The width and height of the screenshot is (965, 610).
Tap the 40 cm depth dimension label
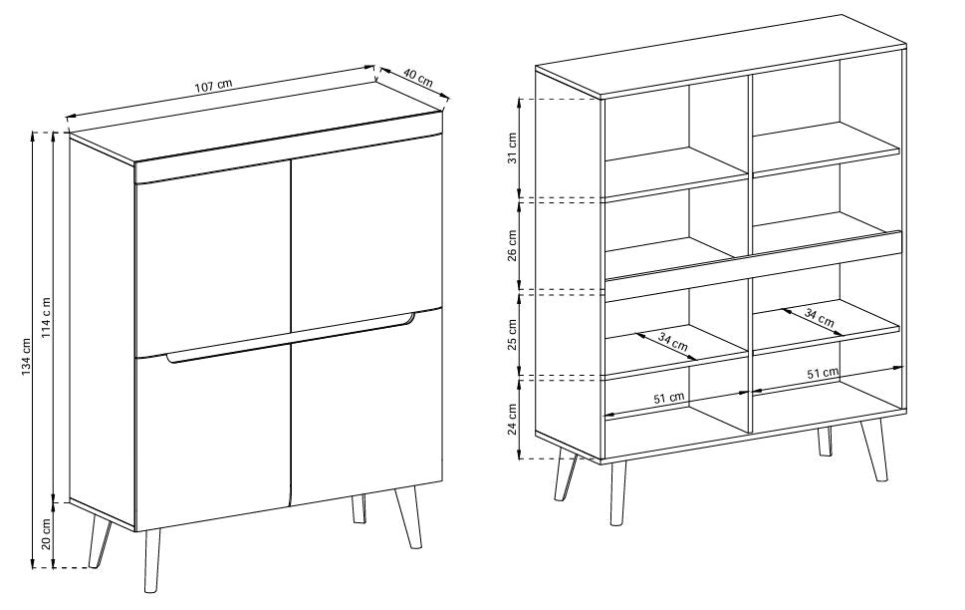pos(418,79)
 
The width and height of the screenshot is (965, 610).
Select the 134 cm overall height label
pos(26,358)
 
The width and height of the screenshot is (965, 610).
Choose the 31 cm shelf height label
pos(512,148)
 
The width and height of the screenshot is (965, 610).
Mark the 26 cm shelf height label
pos(512,246)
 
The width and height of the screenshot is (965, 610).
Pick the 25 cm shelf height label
pos(512,335)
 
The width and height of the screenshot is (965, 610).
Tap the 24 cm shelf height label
pos(512,420)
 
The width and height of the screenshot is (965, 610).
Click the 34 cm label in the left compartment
pos(672,342)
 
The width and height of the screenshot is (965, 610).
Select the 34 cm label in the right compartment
pos(820,317)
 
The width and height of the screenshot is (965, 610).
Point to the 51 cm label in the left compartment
pos(669,398)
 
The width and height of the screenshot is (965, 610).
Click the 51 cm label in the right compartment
pos(823,373)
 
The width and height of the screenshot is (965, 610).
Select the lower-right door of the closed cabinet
pos(366,407)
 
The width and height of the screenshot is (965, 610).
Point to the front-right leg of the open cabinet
pos(874,450)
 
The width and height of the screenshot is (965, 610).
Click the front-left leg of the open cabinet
pos(617,493)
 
